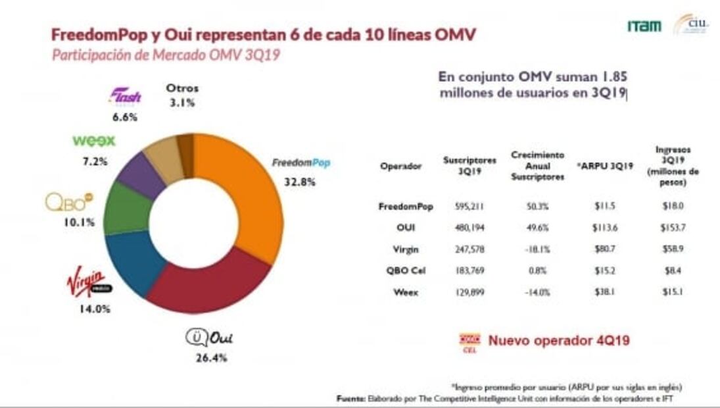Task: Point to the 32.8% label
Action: tap(300, 182)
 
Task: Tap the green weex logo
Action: tap(93, 141)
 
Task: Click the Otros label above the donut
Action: tap(182, 88)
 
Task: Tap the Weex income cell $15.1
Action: tap(673, 292)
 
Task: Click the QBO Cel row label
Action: tap(400, 270)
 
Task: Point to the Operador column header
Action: tap(400, 166)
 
